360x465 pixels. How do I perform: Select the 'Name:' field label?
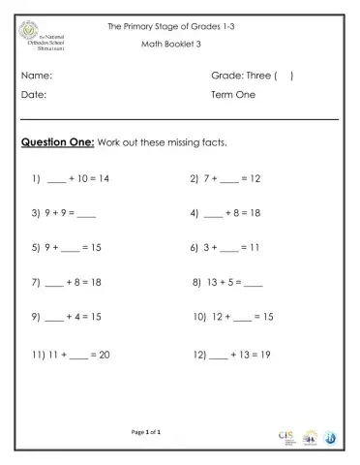[x=36, y=75]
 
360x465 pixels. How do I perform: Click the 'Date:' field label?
[x=34, y=96]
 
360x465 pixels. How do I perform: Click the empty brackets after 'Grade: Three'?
[x=284, y=75]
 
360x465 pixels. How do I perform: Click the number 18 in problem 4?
[x=255, y=213]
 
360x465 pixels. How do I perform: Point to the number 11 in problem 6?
[x=255, y=248]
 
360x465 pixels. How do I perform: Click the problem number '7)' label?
[x=35, y=283]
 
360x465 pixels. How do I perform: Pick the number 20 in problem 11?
[x=104, y=356]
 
